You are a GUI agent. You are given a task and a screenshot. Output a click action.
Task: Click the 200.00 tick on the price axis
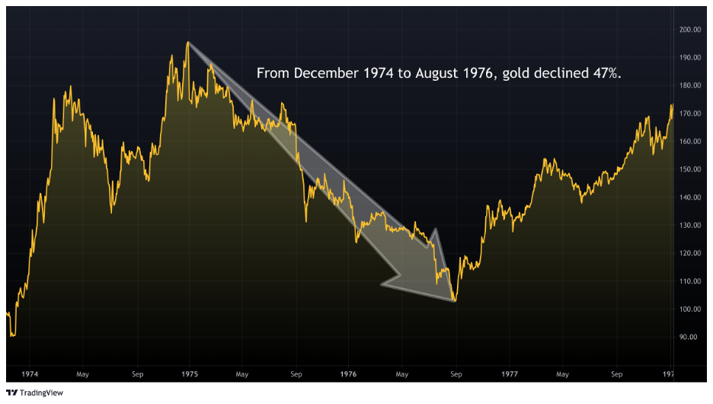[690, 30]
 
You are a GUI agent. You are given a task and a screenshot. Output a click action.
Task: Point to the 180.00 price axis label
[690, 85]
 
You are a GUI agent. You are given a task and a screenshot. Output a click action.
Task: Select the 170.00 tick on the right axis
[690, 114]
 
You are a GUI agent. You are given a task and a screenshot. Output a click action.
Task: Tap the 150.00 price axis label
[690, 169]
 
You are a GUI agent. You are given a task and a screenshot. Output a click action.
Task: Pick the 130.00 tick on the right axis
[690, 226]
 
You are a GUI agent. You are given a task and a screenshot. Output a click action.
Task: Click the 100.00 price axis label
[690, 309]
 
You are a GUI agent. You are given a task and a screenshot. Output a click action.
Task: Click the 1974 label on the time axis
[30, 374]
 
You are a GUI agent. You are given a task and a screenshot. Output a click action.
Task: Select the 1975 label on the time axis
[190, 374]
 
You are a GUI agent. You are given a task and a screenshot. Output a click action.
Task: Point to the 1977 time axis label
[510, 374]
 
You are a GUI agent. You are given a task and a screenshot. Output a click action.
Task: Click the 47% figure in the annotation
[606, 73]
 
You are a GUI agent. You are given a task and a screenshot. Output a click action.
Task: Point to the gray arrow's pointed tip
[455, 300]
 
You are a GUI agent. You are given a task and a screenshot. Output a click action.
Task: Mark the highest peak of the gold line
[187, 43]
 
